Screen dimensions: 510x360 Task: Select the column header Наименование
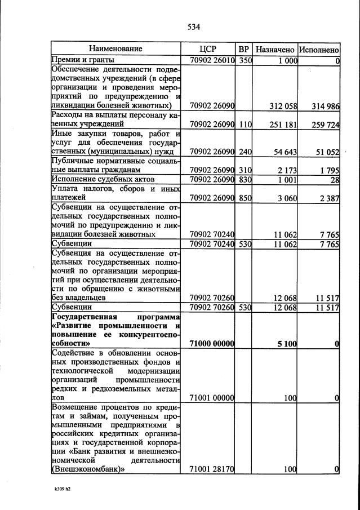pyautogui.click(x=115, y=49)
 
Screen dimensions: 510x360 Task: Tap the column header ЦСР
pyautogui.click(x=208, y=49)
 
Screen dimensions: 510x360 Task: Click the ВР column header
pyautogui.click(x=244, y=49)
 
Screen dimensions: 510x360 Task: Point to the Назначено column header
pyautogui.click(x=274, y=50)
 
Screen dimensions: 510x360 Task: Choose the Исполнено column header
pyautogui.click(x=319, y=50)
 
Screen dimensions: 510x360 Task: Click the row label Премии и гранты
pyautogui.click(x=83, y=60)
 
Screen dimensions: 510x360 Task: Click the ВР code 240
pyautogui.click(x=245, y=152)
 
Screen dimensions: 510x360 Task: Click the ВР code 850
pyautogui.click(x=245, y=198)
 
